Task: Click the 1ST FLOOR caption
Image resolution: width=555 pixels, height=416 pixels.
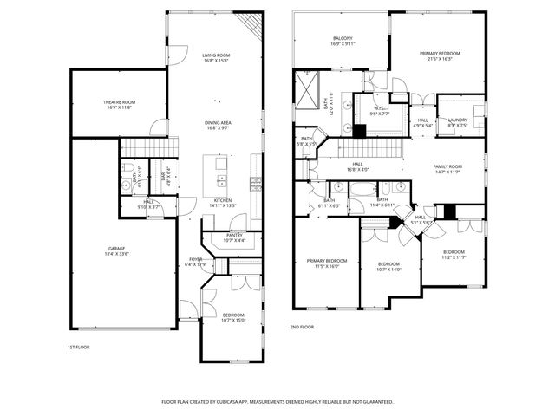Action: point(78,347)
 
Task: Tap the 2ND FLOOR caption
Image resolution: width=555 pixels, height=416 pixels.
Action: point(302,327)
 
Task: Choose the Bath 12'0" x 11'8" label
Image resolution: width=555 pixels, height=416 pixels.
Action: point(325,105)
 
